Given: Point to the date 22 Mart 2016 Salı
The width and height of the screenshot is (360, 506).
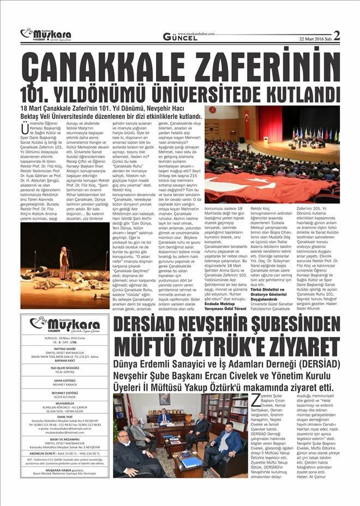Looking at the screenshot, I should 315,38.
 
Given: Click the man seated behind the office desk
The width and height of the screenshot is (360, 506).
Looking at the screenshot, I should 164,418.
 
